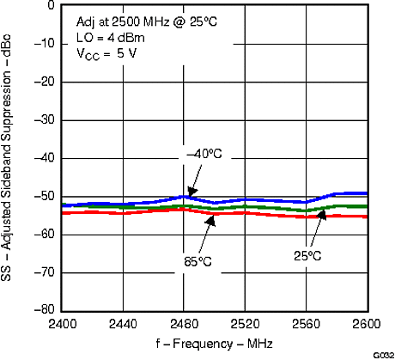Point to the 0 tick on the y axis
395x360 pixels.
(x=51, y=5)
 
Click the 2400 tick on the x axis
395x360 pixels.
(x=63, y=324)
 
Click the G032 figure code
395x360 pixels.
(x=382, y=354)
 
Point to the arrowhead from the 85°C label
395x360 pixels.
(x=209, y=216)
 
